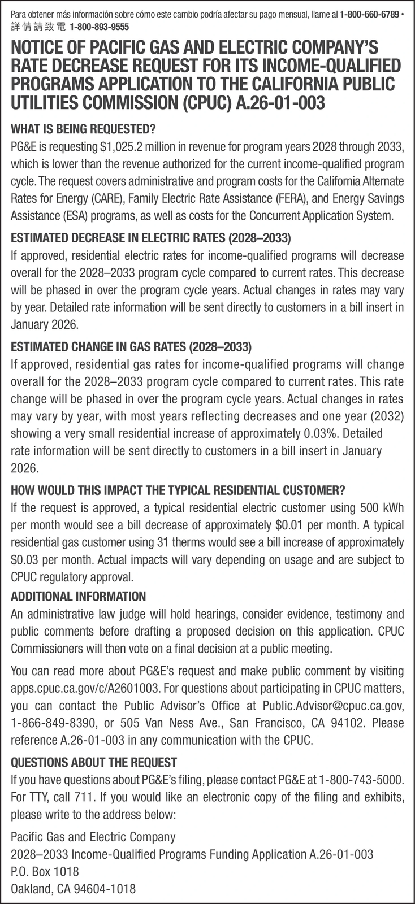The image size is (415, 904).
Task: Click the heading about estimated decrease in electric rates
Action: [150, 236]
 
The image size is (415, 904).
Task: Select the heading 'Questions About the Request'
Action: [94, 762]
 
